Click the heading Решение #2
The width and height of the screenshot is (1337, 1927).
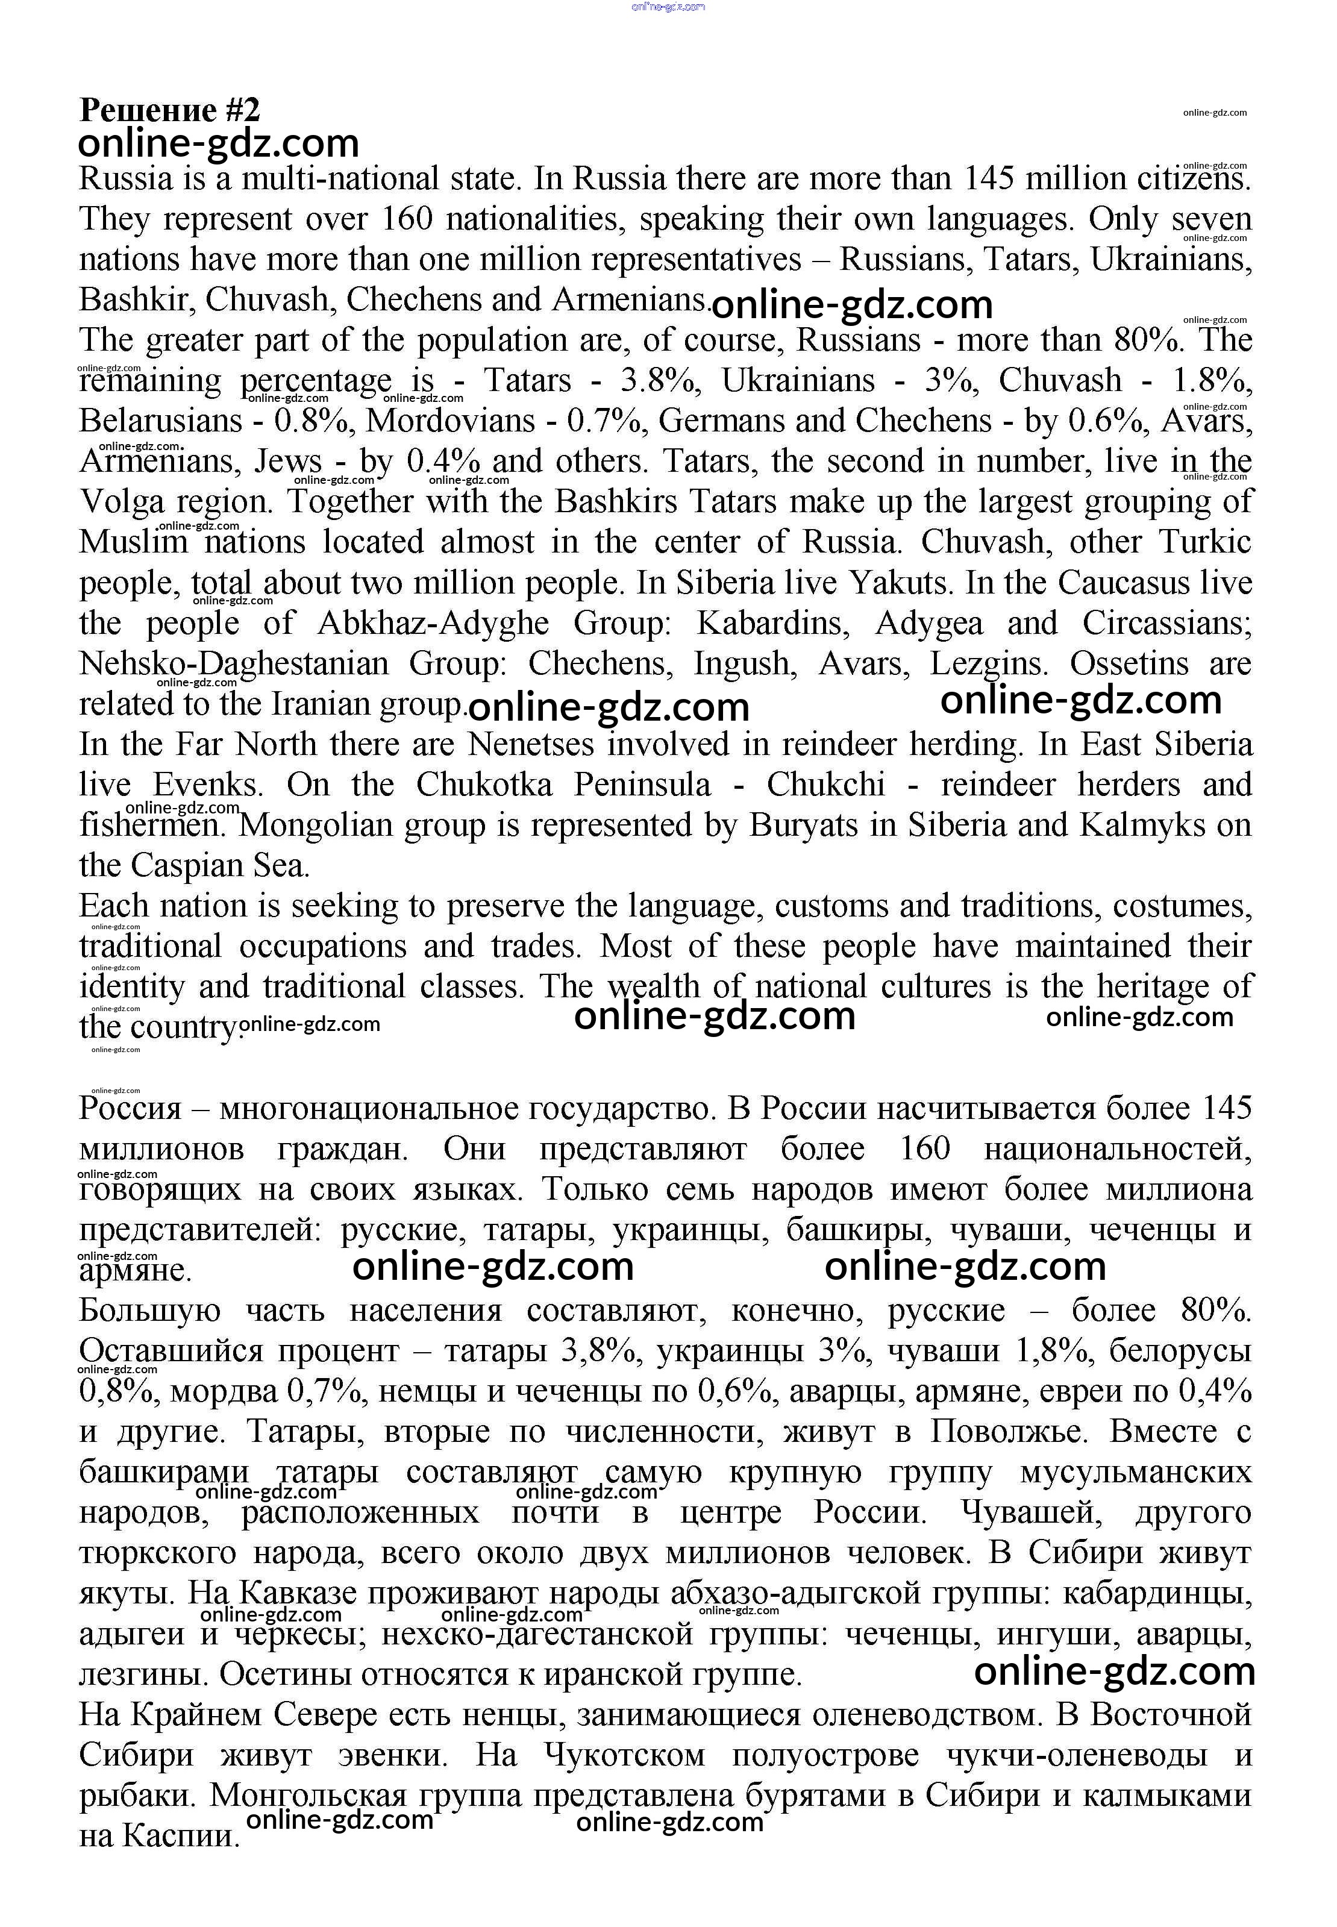[169, 110]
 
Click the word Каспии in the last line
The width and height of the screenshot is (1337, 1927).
[181, 1837]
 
